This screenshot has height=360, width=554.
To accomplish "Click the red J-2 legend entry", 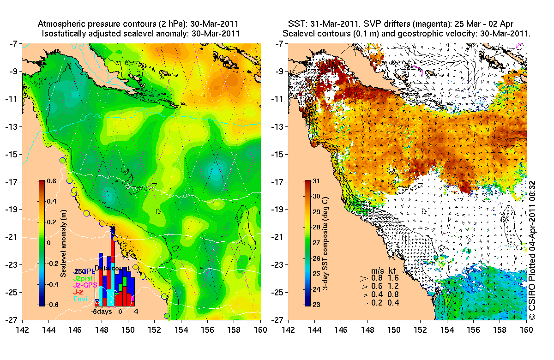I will point(78,292).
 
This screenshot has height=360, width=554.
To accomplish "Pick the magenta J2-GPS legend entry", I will point(86,285).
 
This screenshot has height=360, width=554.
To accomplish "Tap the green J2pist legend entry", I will point(84,278).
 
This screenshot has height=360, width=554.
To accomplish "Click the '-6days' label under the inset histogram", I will point(102,311).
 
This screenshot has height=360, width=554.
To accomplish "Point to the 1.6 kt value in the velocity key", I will point(393,278).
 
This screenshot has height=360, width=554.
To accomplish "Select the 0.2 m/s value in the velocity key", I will point(377,303).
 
